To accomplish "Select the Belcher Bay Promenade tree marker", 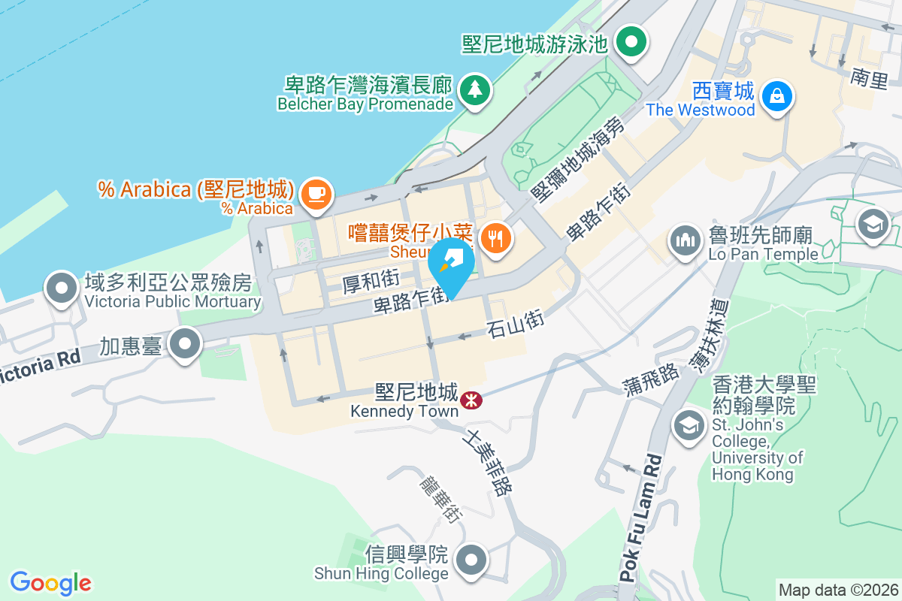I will (474, 91).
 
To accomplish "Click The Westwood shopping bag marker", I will (773, 95).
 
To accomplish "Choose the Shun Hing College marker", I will (472, 560).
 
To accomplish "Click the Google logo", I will (51, 583).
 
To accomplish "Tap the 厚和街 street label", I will (370, 282).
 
